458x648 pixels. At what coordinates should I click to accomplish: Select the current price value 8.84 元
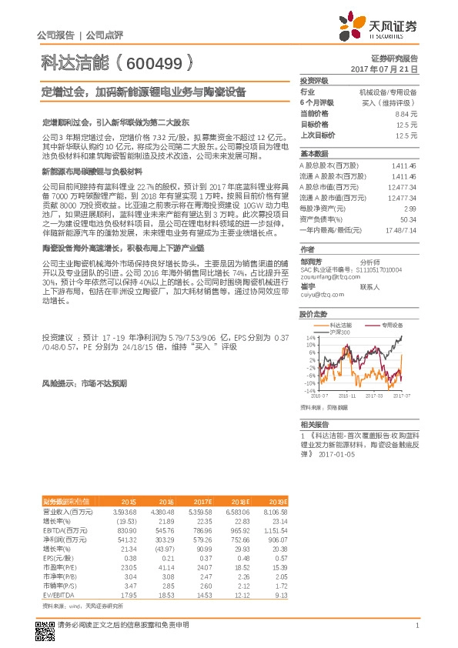(x=407, y=113)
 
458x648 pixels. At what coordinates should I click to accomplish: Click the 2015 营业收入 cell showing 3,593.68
(x=125, y=512)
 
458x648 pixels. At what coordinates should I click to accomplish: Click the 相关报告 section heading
(x=315, y=424)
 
